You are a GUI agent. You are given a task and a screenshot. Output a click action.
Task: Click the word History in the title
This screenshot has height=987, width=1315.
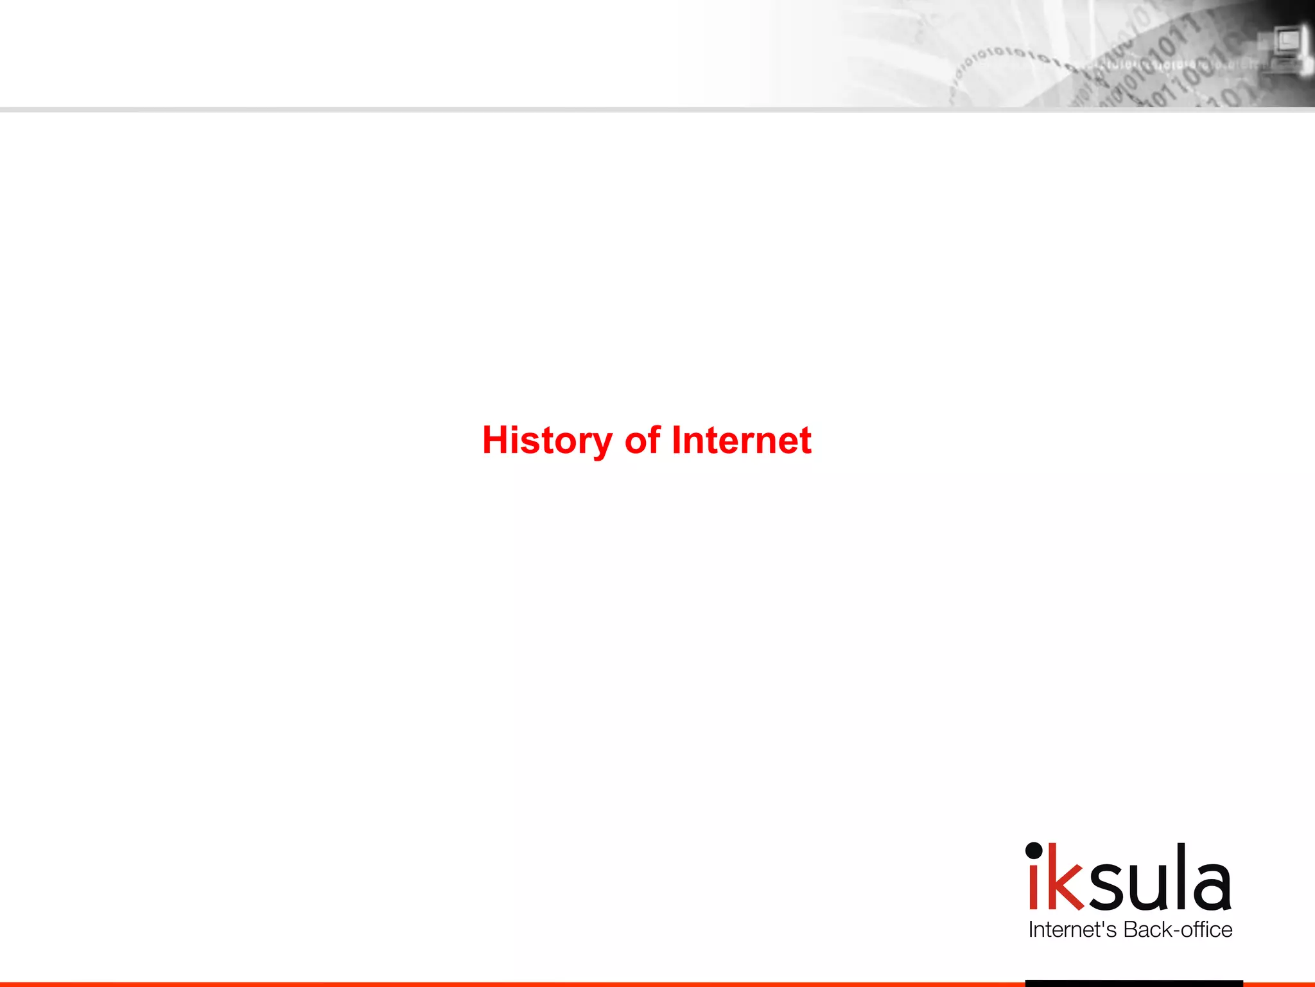(x=547, y=441)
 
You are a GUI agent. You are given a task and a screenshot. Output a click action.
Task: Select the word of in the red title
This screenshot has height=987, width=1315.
(x=642, y=440)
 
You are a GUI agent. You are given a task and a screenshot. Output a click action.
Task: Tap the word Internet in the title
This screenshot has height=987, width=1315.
(x=742, y=440)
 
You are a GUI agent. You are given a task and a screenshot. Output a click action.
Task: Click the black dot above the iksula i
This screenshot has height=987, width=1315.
(x=1034, y=851)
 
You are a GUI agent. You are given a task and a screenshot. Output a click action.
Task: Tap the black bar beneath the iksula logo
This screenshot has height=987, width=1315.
(x=1134, y=983)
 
